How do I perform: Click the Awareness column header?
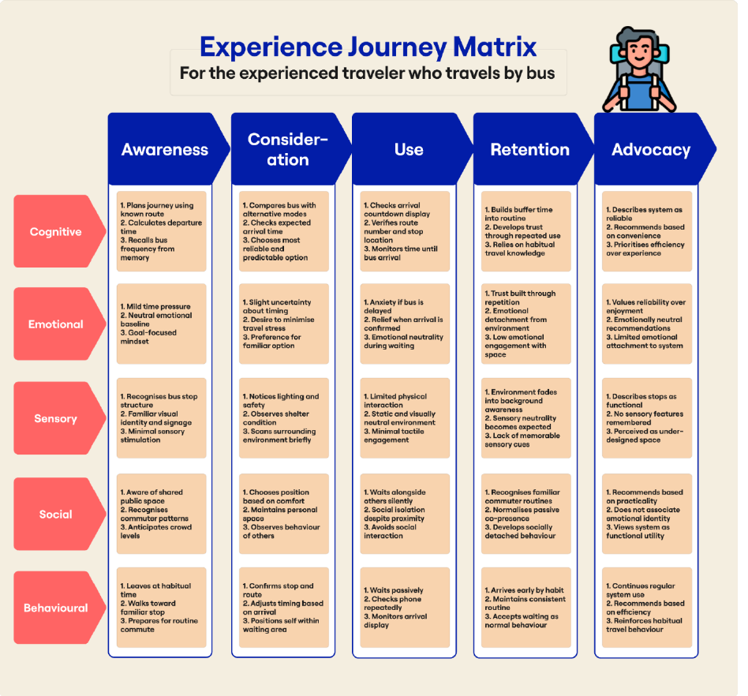pyautogui.click(x=165, y=149)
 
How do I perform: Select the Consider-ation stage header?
pyautogui.click(x=288, y=149)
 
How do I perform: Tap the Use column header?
pyautogui.click(x=409, y=149)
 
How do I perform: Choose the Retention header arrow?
pyautogui.click(x=530, y=149)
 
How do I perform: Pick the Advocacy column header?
pyautogui.click(x=651, y=149)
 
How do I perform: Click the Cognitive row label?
pyautogui.click(x=56, y=231)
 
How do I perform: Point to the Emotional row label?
pyautogui.click(x=56, y=324)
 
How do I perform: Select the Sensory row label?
pyautogui.click(x=56, y=418)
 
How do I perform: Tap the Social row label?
pyautogui.click(x=56, y=515)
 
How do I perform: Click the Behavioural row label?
pyautogui.click(x=56, y=608)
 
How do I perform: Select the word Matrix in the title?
pyautogui.click(x=495, y=47)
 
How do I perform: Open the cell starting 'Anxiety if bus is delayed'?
pyautogui.click(x=405, y=324)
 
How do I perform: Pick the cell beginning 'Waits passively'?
pyautogui.click(x=405, y=608)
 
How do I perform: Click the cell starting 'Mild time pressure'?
pyautogui.click(x=161, y=324)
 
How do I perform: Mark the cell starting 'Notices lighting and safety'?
pyautogui.click(x=284, y=418)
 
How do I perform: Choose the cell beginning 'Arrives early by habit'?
pyautogui.click(x=526, y=608)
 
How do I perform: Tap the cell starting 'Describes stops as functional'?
pyautogui.click(x=647, y=418)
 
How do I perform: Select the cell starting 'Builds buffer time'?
pyautogui.click(x=526, y=231)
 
